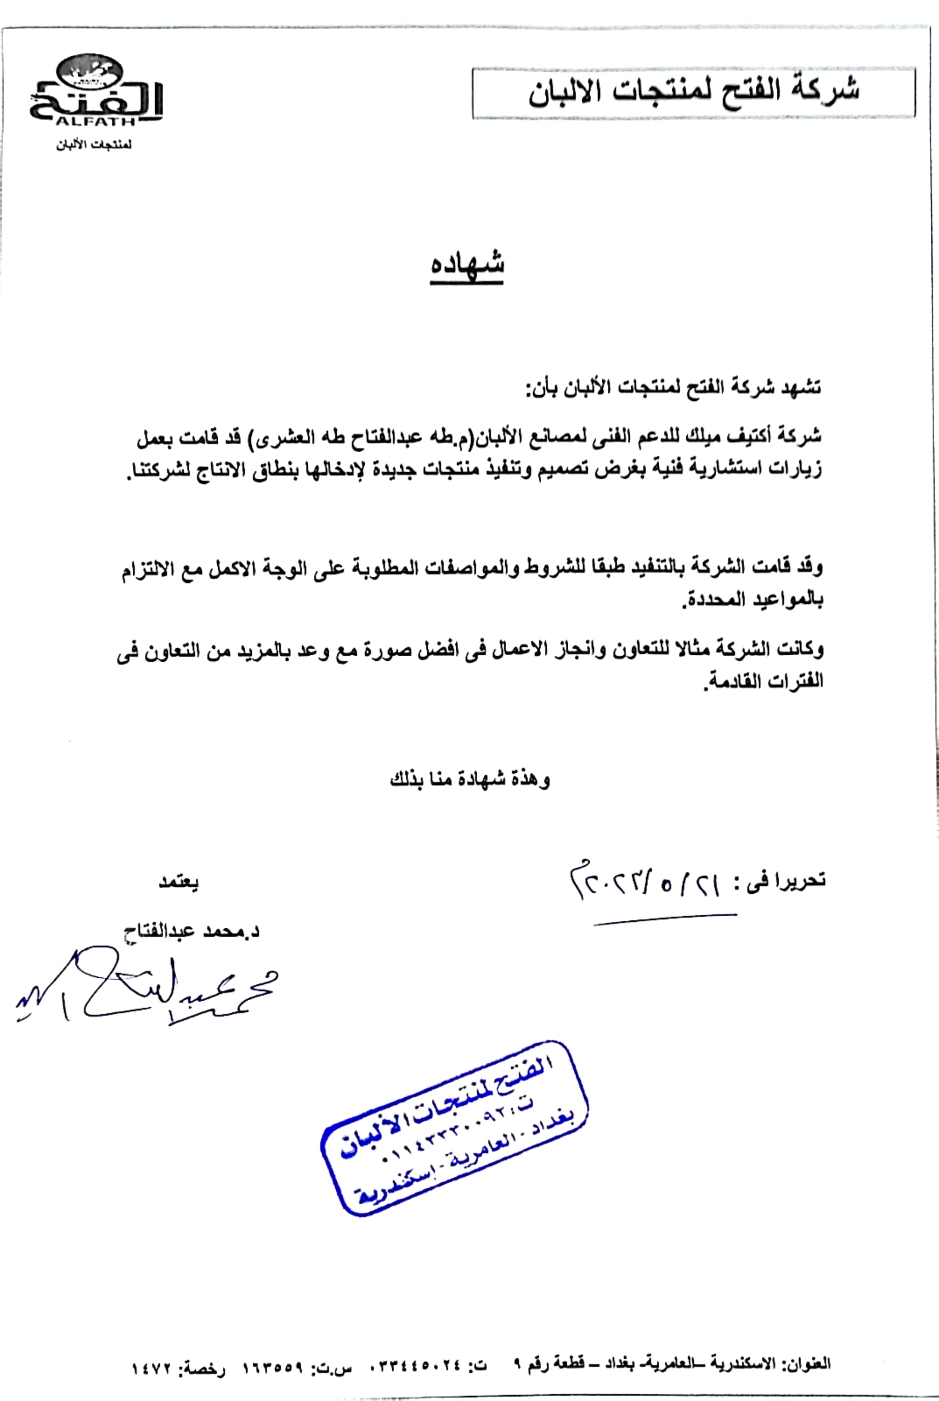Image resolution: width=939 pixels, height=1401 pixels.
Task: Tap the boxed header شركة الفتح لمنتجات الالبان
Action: (x=693, y=91)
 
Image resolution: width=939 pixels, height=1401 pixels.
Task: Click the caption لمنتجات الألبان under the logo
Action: (x=94, y=145)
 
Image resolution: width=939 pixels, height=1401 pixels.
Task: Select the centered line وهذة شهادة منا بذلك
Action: (x=469, y=780)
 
